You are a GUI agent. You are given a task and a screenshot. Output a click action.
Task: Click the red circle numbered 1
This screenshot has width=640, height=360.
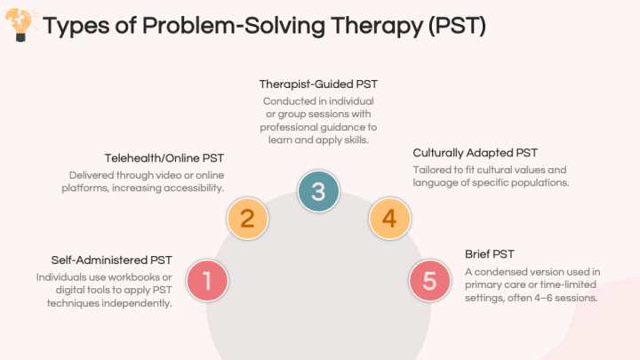pos(207,281)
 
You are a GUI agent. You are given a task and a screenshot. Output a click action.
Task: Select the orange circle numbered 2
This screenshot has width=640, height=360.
pos(248,218)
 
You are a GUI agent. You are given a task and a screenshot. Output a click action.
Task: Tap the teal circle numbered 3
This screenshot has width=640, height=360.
pos(318,190)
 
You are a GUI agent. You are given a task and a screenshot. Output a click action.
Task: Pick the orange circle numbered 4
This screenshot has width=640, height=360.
pos(389,218)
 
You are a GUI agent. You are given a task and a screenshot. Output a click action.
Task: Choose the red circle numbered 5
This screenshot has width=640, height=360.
pos(430,281)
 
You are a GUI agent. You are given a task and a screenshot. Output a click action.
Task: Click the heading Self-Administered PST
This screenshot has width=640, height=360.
pos(111,260)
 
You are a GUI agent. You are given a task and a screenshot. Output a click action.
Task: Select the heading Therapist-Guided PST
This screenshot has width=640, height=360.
pos(318,84)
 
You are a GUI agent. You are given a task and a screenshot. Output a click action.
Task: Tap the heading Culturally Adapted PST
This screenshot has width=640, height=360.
pos(475,153)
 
